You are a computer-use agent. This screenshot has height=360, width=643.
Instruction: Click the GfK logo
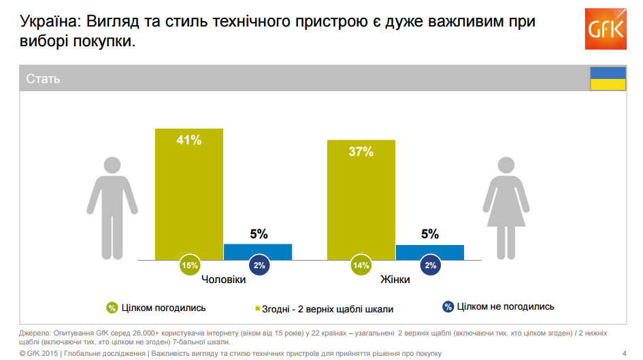click(604, 29)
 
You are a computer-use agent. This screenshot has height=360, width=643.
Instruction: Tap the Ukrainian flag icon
click(607, 78)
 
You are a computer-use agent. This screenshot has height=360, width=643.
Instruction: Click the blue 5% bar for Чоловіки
click(258, 251)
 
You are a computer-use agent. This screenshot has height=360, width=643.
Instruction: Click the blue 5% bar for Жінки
click(429, 252)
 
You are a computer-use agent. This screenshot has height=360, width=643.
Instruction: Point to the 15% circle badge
click(190, 265)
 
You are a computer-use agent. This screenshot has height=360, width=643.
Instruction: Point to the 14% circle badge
click(361, 265)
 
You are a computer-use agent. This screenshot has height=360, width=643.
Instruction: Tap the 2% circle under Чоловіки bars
click(259, 265)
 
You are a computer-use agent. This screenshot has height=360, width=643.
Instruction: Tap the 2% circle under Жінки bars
click(430, 265)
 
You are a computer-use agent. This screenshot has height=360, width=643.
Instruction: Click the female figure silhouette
click(505, 207)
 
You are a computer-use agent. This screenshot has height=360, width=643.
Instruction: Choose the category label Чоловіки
click(224, 280)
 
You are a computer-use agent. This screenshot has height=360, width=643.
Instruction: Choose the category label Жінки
click(395, 280)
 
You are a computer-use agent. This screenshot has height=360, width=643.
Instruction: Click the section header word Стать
click(44, 79)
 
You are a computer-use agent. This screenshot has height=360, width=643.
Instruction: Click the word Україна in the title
click(48, 22)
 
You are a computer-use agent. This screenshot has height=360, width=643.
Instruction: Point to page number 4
click(625, 353)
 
